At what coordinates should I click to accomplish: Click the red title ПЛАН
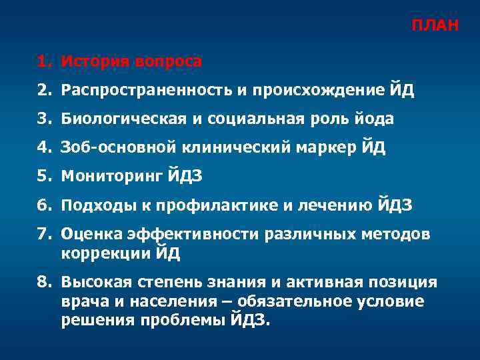(434, 26)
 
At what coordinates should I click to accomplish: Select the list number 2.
(42, 91)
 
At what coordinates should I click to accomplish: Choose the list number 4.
(42, 148)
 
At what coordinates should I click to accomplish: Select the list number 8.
(42, 283)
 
